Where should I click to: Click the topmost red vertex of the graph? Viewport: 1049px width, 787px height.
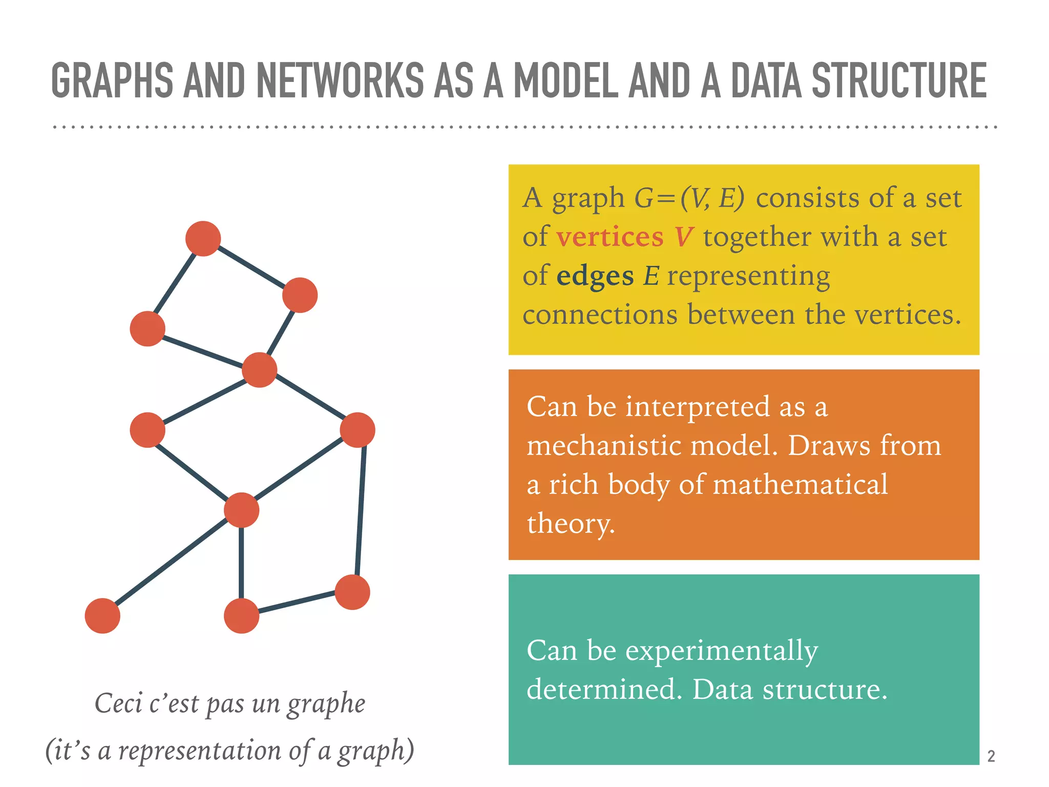click(x=203, y=239)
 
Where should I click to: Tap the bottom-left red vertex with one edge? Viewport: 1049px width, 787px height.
click(x=102, y=616)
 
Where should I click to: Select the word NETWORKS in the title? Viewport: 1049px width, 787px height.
click(x=340, y=80)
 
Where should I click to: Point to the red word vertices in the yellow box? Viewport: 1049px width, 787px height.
click(x=610, y=237)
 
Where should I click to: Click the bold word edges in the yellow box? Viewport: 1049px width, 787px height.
click(x=595, y=276)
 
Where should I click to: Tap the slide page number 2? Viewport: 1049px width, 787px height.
click(x=991, y=756)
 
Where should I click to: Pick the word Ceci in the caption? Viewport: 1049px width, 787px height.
click(x=118, y=703)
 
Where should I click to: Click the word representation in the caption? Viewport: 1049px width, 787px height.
click(x=200, y=751)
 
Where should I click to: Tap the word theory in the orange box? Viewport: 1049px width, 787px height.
click(x=570, y=524)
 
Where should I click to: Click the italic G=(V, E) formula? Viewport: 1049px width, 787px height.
click(x=689, y=198)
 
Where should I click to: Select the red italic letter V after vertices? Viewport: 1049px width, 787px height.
click(x=683, y=237)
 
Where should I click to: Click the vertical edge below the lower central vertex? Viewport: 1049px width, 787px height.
click(x=241, y=563)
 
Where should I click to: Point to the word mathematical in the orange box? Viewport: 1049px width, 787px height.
click(x=800, y=485)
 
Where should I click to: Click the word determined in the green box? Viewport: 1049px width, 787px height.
click(x=604, y=690)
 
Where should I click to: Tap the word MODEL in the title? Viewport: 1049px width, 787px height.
click(x=566, y=80)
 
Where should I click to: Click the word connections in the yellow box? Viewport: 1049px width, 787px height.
click(x=600, y=315)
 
